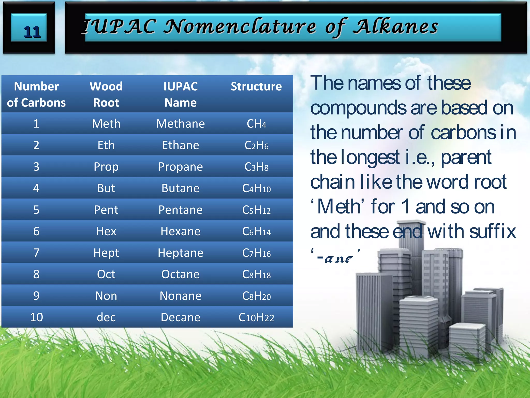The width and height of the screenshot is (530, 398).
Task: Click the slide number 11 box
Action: click(x=29, y=28)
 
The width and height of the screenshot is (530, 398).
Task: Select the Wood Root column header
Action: click(x=106, y=94)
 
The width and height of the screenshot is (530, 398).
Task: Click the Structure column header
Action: click(x=256, y=87)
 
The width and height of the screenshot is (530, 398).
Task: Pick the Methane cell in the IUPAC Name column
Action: click(x=180, y=124)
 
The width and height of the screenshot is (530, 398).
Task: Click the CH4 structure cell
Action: click(x=256, y=124)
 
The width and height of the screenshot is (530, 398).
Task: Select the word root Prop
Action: click(x=106, y=167)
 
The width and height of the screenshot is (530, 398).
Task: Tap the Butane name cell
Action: click(x=180, y=188)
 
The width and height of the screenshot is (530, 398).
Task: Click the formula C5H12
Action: click(x=256, y=210)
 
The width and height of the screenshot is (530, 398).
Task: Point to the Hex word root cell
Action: click(x=106, y=231)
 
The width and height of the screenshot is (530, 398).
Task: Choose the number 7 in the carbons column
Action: click(x=36, y=253)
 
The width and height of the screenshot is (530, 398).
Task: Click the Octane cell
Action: click(x=180, y=274)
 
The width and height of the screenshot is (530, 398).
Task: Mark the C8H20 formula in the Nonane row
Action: click(x=256, y=296)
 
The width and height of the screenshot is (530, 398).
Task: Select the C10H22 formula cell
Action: click(x=256, y=317)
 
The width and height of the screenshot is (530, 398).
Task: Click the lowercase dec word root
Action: click(x=106, y=317)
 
